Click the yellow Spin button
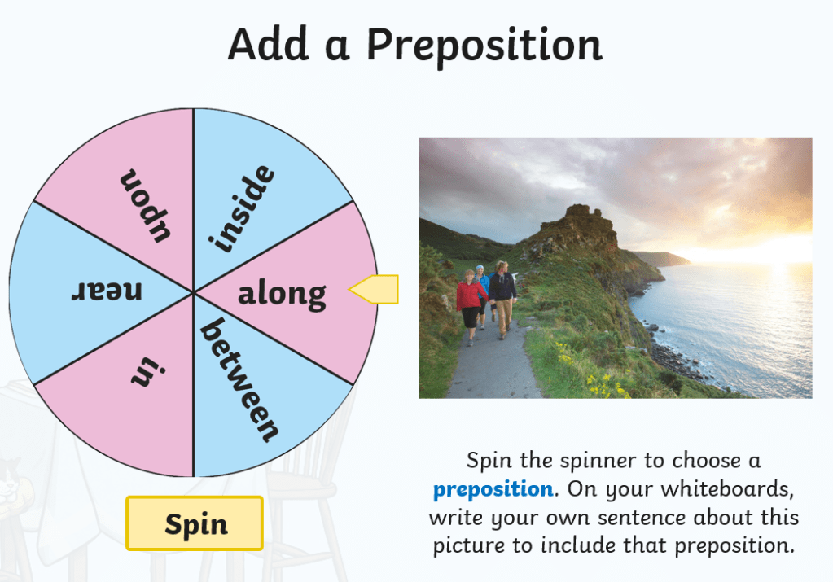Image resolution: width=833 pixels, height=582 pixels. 195,523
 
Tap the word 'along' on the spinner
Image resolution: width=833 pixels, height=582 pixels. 282,295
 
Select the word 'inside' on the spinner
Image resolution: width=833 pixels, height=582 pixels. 243,208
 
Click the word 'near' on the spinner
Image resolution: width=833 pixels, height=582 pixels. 107,291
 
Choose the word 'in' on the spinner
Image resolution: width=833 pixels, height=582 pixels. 148,371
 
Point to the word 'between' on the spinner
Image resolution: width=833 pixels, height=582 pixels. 239,379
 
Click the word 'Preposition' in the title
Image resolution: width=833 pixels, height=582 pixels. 484,46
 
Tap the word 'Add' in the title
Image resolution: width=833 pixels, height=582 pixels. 268,44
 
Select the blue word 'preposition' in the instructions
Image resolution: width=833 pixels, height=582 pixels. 493,489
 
